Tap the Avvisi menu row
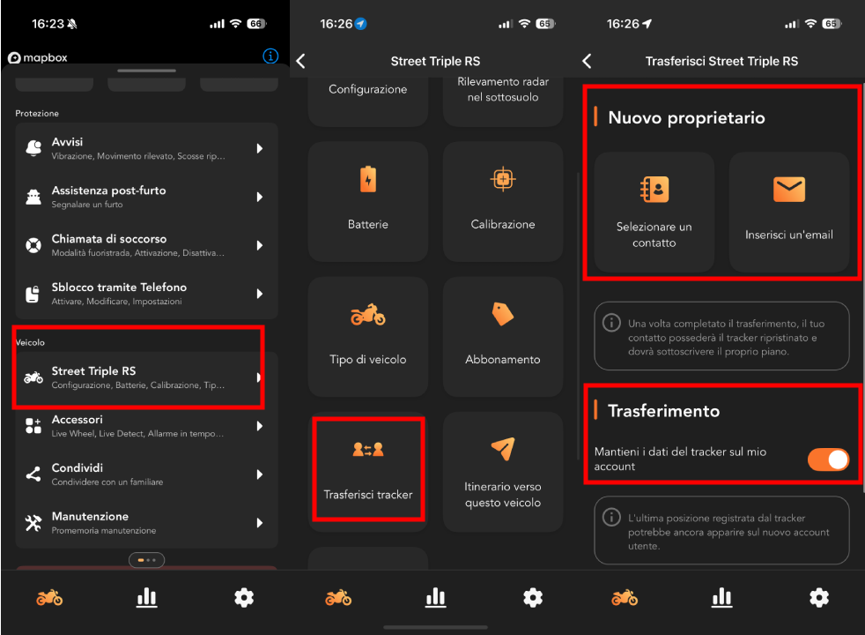[x=146, y=148]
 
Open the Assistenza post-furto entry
[x=146, y=197]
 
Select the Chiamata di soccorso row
[x=146, y=245]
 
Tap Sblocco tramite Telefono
[x=146, y=293]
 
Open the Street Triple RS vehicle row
[x=146, y=377]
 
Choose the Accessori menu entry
[x=146, y=426]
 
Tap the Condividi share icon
[x=33, y=474]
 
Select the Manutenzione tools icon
[x=33, y=523]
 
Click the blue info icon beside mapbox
[x=270, y=56]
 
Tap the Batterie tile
[x=368, y=202]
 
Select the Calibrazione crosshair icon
[x=503, y=179]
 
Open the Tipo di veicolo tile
[x=368, y=337]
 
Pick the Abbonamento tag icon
[x=503, y=314]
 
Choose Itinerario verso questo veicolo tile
[x=503, y=472]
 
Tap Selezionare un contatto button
[x=654, y=212]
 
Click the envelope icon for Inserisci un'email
[x=789, y=190]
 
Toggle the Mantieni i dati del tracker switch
[x=828, y=459]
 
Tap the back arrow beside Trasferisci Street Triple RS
[x=587, y=61]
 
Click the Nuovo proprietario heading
[x=686, y=117]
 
